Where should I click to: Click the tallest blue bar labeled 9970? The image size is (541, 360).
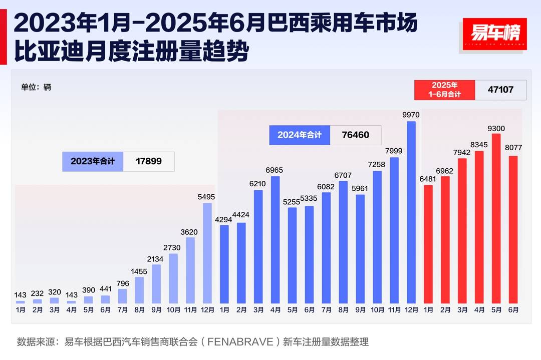tap(411, 212)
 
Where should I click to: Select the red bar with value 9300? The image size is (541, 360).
tap(496, 218)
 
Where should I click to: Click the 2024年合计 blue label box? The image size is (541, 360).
tap(300, 135)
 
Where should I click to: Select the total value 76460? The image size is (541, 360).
tap(355, 135)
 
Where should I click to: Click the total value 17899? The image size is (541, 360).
tap(149, 162)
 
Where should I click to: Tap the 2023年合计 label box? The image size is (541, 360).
tap(93, 162)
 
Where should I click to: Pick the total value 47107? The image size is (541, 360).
tap(500, 90)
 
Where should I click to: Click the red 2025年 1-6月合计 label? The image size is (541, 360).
tap(444, 90)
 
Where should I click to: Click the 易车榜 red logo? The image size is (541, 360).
tap(494, 34)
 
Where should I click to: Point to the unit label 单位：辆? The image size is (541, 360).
tap(36, 87)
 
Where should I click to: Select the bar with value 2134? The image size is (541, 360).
tap(156, 284)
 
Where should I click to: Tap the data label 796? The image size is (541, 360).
tap(122, 283)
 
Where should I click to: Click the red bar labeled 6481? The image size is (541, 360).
tap(428, 244)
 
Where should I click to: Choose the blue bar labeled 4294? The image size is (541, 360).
tap(224, 264)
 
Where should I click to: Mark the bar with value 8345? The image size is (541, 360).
tap(479, 227)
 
